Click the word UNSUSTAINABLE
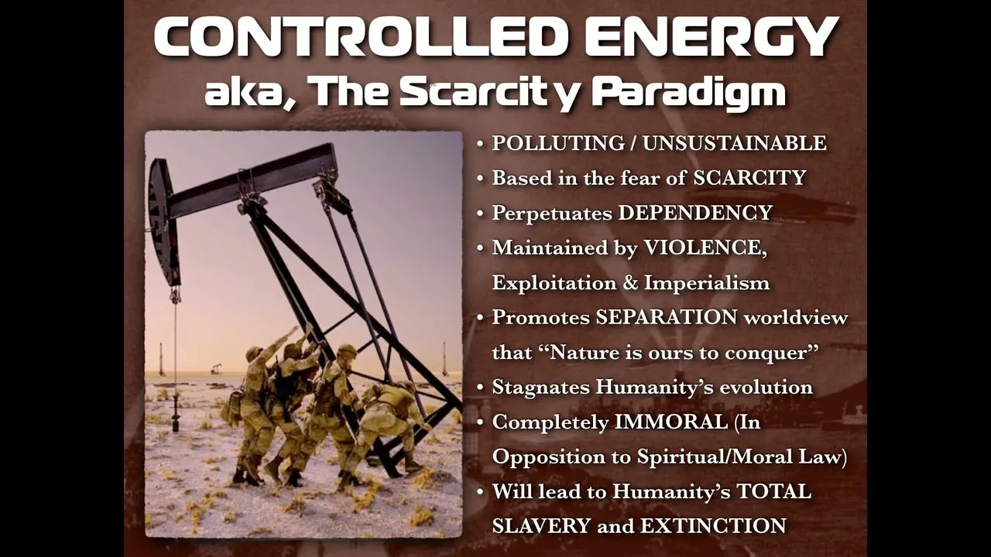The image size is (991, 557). click(735, 143)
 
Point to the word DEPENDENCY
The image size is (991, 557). click(695, 213)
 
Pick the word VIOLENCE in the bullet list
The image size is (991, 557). click(705, 248)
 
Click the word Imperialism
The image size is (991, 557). click(707, 283)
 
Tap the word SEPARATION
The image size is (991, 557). click(667, 317)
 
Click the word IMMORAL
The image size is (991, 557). click(671, 422)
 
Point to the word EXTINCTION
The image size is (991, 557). click(713, 526)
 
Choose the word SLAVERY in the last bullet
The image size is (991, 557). click(541, 526)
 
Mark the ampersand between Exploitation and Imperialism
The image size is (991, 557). click(630, 283)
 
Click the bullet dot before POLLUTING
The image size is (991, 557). click(481, 144)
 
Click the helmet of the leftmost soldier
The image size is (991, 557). click(254, 352)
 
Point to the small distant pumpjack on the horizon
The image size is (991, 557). click(216, 368)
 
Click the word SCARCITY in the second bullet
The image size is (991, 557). click(749, 178)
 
